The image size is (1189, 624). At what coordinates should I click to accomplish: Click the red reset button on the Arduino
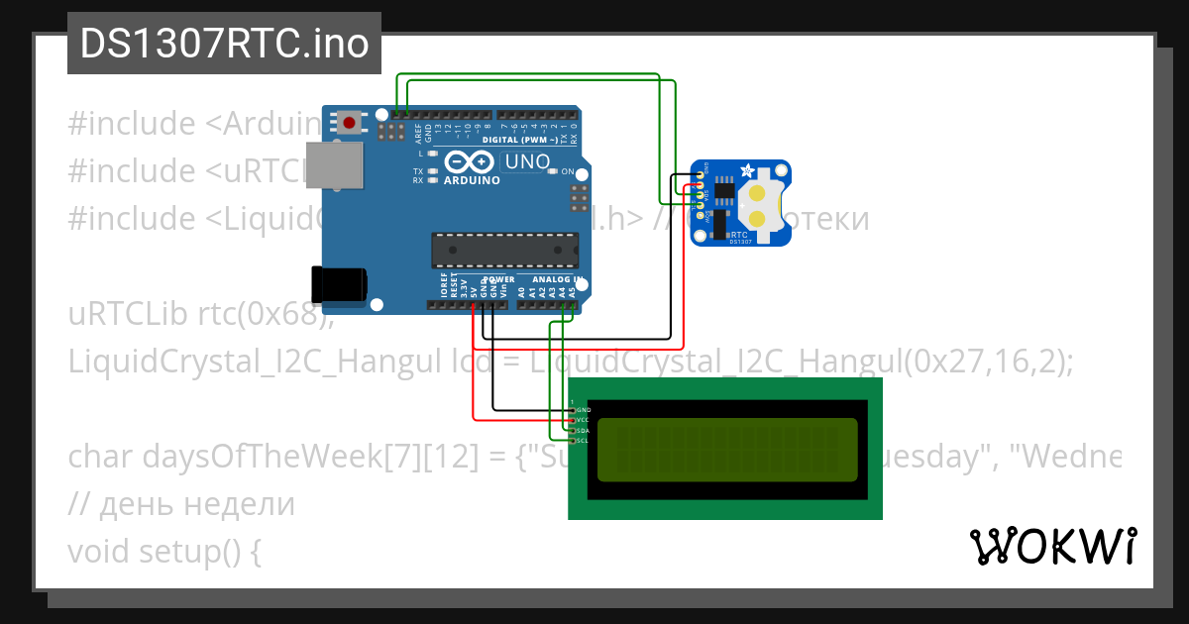[350, 123]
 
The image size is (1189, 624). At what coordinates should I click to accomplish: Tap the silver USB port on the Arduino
[332, 164]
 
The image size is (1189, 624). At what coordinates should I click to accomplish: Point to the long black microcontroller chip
[504, 250]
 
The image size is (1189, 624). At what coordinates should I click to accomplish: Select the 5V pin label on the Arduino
[474, 291]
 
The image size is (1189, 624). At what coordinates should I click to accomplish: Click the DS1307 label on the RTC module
[740, 241]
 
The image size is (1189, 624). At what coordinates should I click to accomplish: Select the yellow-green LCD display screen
[727, 449]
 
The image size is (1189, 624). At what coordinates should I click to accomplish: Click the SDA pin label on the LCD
[583, 431]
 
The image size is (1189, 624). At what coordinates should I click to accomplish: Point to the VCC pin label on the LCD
[583, 420]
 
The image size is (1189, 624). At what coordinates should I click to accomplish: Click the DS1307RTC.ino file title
[224, 44]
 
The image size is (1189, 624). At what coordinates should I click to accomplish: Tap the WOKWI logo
[1052, 547]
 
